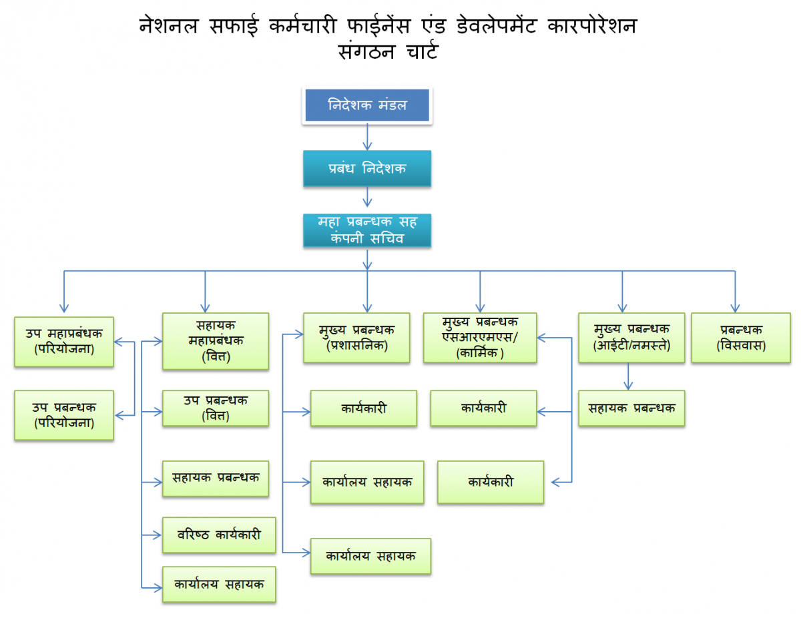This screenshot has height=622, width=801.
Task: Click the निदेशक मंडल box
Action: point(367,105)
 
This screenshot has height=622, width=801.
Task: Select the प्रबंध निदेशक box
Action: point(367,169)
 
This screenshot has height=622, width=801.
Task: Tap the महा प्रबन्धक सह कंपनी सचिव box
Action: point(367,230)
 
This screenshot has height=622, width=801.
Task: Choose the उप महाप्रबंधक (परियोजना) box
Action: point(64,341)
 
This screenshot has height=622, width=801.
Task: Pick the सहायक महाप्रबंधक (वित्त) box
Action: point(216,341)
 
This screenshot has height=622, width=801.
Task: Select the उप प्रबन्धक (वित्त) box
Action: point(216,408)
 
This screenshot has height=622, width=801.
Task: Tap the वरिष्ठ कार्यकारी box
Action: point(220,535)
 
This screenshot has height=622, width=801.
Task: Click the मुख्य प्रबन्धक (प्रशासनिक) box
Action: point(356,338)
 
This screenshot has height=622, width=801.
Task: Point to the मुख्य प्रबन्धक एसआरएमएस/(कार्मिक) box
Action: point(480,338)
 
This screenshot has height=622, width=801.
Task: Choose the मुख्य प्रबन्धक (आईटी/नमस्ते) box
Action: point(631,338)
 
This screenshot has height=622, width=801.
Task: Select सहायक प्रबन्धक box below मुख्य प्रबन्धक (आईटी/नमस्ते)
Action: point(631,408)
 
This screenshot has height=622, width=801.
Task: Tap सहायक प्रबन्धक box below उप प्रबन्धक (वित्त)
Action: point(216,478)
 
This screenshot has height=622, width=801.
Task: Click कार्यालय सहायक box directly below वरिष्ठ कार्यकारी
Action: point(220,584)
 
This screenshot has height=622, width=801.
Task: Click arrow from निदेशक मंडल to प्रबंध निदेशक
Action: point(367,137)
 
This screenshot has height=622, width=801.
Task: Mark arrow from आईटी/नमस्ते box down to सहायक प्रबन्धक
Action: point(627,376)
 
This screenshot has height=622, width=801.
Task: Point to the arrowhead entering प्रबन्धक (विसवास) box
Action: point(734,308)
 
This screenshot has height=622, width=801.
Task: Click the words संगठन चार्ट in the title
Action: point(388,52)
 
